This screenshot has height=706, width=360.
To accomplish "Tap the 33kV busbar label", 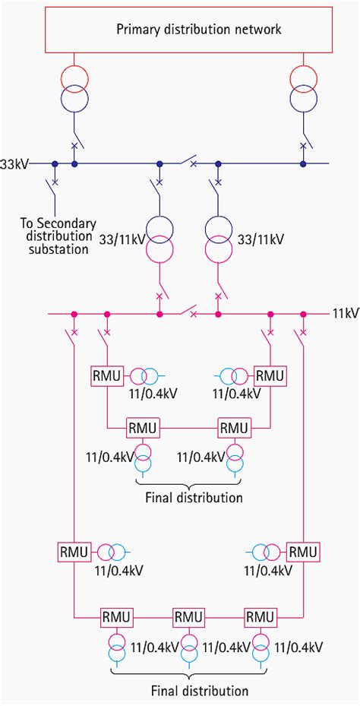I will pyautogui.click(x=14, y=163).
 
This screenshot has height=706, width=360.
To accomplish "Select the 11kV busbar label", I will pyautogui.click(x=344, y=313).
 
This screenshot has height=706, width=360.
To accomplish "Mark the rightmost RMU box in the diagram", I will pyautogui.click(x=304, y=551).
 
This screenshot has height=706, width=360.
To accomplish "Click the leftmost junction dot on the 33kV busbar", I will pyautogui.click(x=55, y=163).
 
